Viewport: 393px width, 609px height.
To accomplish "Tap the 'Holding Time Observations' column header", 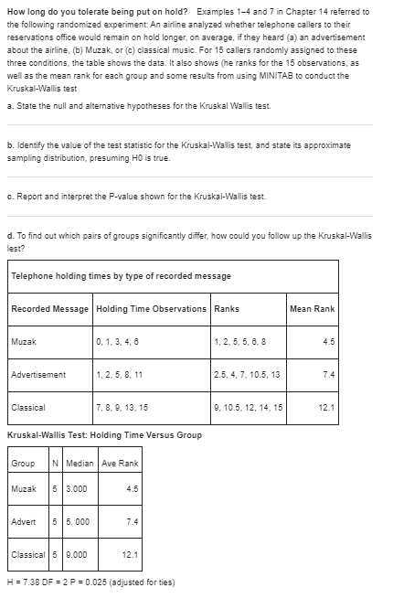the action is coord(151,309).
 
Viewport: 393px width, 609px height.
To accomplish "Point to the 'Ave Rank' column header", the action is coord(121,463).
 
